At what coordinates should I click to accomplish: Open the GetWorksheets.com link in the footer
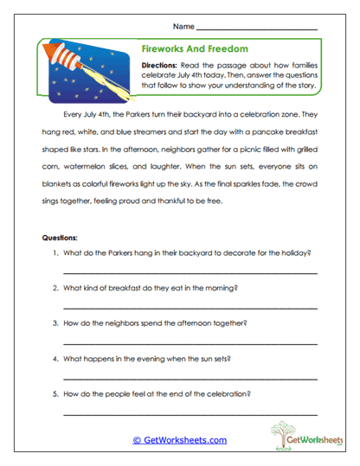(180, 440)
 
